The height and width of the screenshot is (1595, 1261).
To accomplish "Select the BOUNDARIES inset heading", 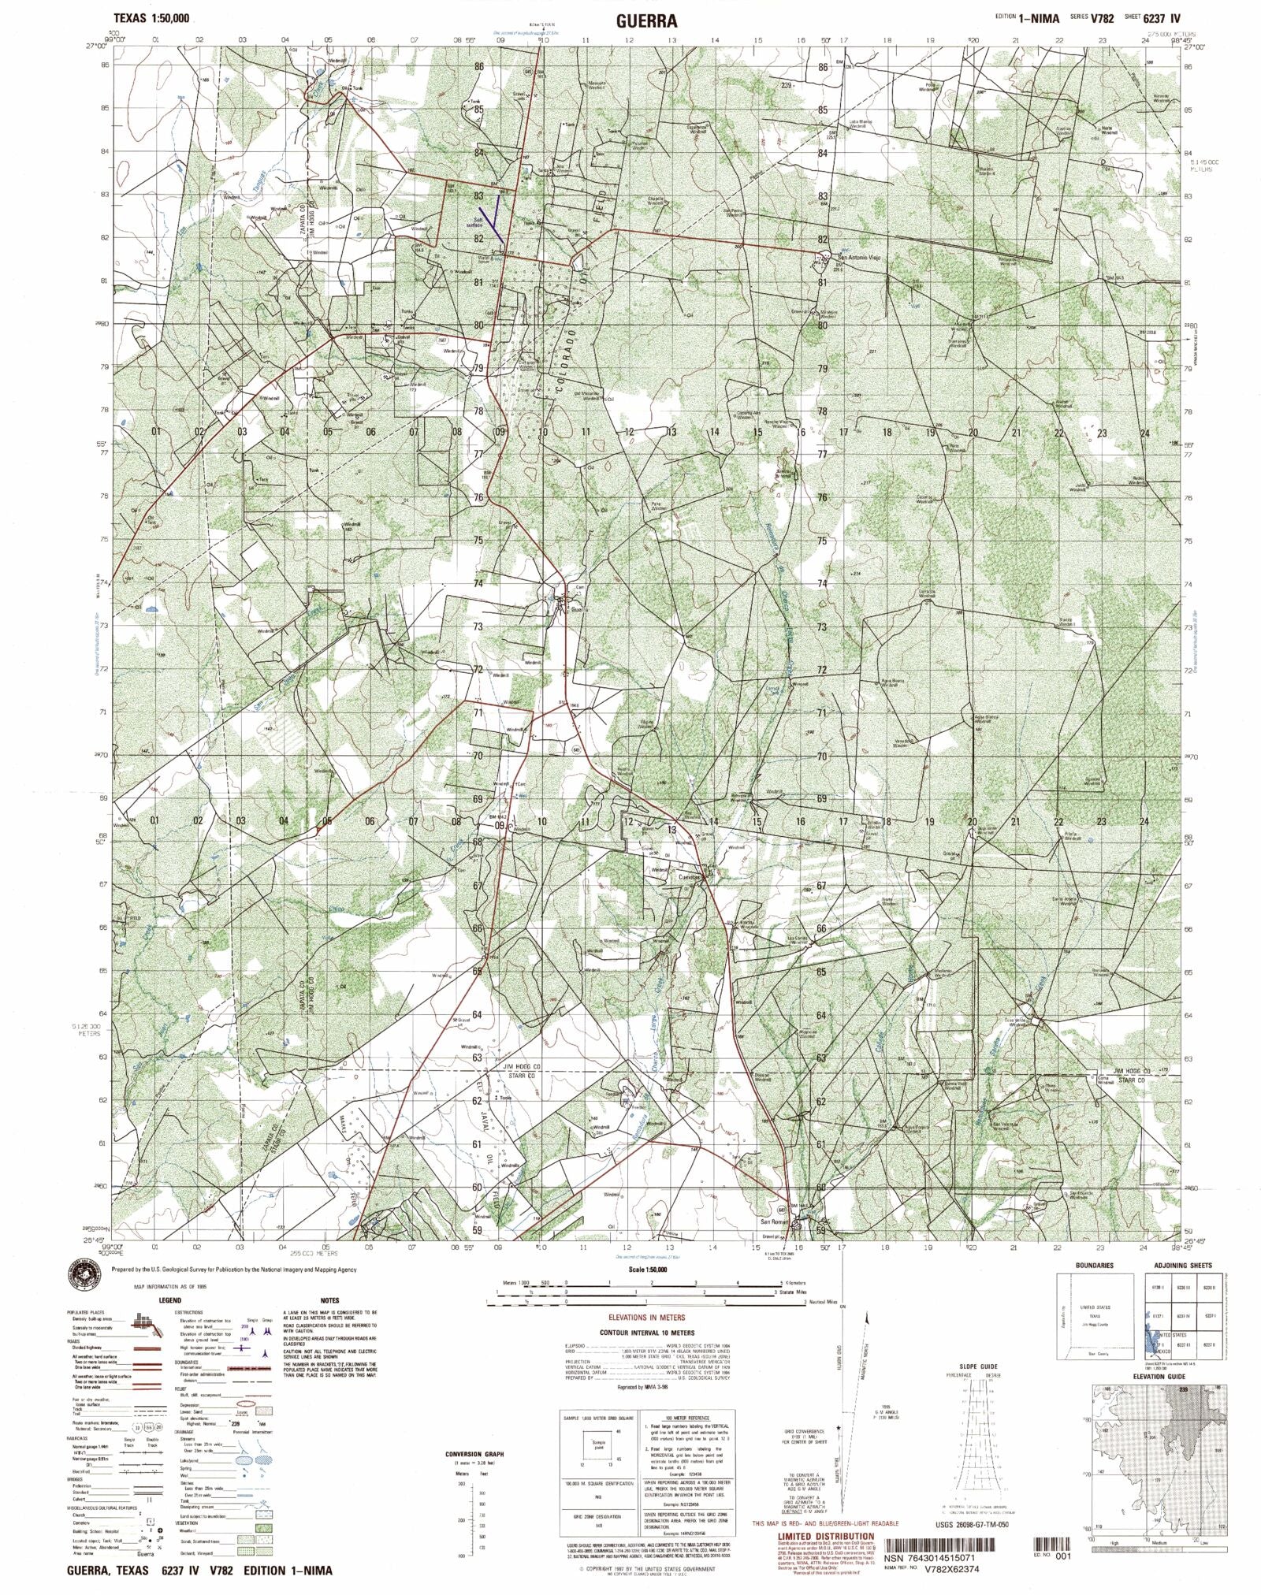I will coord(1094,1266).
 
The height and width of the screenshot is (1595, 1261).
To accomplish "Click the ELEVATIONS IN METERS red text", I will coord(645,1317).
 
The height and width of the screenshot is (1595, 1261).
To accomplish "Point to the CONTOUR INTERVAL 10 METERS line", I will coord(645,1332).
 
